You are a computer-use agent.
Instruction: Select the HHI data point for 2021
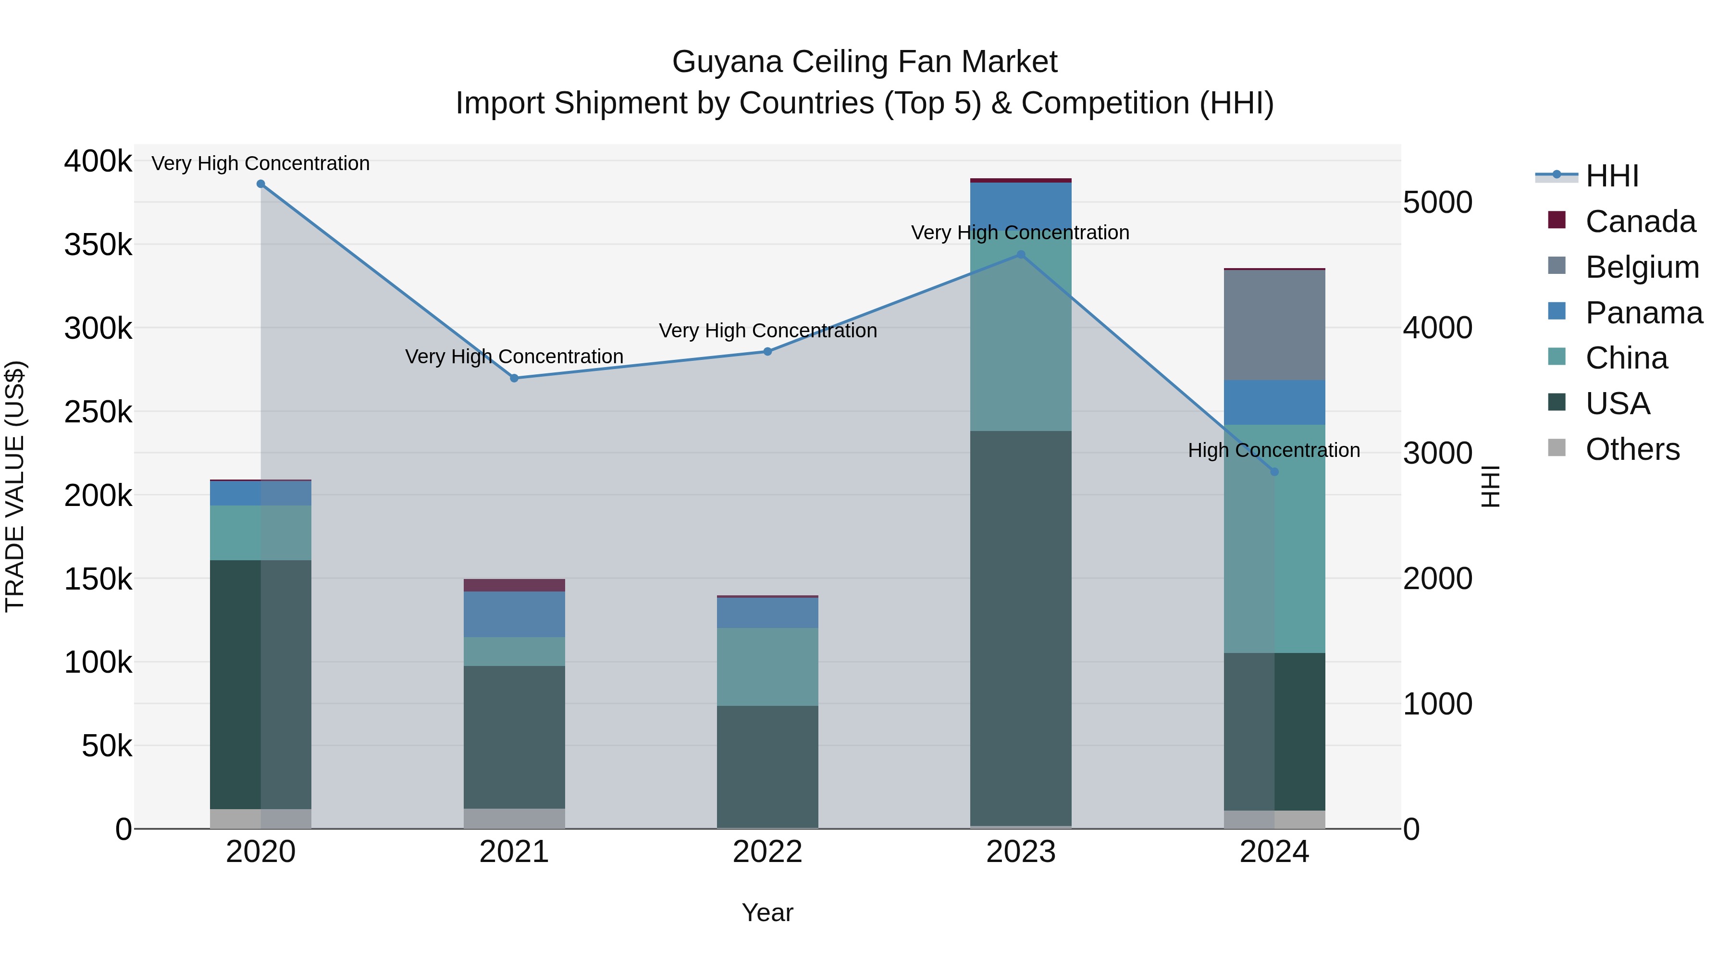click(x=514, y=378)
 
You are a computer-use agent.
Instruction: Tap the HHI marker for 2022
click(x=767, y=351)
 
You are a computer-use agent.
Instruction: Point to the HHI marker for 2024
click(x=1274, y=472)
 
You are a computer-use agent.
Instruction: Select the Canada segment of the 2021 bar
click(x=514, y=585)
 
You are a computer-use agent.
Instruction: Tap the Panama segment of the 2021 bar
click(x=514, y=614)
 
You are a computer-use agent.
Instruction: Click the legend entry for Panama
click(x=1643, y=313)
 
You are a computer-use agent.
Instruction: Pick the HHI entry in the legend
click(x=1612, y=176)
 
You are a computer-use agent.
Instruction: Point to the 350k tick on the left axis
click(x=98, y=245)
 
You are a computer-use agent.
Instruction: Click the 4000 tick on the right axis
click(x=1438, y=328)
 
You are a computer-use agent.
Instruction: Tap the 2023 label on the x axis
click(x=1021, y=852)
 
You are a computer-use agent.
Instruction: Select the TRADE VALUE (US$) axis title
click(x=15, y=486)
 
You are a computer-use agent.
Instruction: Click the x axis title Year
click(x=767, y=912)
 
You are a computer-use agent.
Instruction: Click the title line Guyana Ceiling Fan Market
click(x=865, y=62)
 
